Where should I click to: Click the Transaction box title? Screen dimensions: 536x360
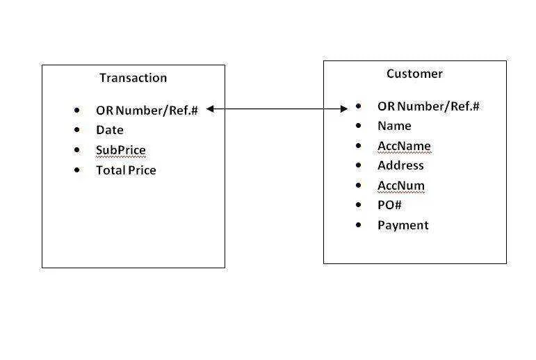coord(133,78)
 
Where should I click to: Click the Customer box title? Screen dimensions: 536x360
coord(414,74)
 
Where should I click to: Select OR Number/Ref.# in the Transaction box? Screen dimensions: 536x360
coord(147,111)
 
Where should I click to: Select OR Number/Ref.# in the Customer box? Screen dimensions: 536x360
coord(428,106)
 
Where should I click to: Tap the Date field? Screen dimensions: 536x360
coord(110,130)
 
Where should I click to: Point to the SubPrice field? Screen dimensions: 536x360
coord(121,150)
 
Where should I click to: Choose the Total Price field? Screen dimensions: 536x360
coord(126,170)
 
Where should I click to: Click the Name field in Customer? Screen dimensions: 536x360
coord(394,126)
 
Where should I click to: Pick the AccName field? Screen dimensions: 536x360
coord(404,146)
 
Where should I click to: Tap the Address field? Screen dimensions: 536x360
coord(400,165)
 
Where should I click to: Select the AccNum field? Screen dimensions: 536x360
coord(401,186)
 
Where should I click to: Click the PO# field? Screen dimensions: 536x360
coord(389,205)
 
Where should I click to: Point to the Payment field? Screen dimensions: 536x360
coord(403,225)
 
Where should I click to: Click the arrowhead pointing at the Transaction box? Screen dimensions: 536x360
coord(210,109)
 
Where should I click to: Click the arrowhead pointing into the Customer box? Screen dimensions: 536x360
coord(344,109)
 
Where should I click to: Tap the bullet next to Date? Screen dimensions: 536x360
coord(77,130)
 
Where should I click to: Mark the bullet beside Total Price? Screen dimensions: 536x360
coord(77,170)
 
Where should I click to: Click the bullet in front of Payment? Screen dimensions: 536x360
coord(358,225)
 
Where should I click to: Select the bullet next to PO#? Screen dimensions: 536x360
coord(358,205)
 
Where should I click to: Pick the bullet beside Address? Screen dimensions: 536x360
coord(358,165)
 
